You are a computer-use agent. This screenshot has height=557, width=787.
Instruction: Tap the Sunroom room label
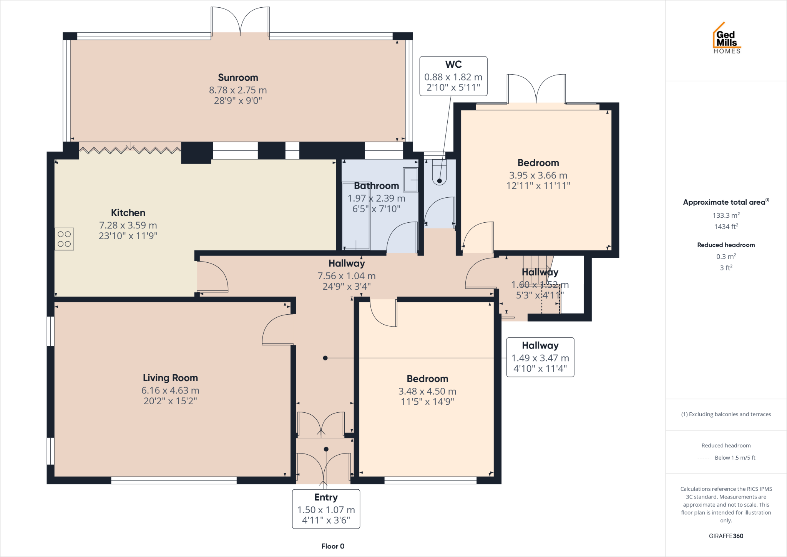click(238, 77)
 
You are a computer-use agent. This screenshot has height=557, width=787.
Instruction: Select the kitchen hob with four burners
click(64, 239)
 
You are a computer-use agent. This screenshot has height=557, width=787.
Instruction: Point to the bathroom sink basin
click(410, 179)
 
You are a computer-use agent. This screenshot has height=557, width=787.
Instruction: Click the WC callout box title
click(453, 64)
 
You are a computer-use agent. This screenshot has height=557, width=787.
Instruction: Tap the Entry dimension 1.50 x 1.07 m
click(326, 510)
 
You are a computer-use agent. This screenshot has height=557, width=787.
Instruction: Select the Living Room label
click(170, 378)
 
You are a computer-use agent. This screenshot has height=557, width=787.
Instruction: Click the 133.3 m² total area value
click(726, 215)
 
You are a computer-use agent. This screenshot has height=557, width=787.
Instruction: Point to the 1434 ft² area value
click(726, 227)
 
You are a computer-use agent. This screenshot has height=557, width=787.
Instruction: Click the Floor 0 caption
click(333, 546)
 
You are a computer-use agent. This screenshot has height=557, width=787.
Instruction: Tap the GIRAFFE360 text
click(726, 536)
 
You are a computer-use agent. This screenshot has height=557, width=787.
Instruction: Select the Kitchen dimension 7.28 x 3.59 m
click(128, 225)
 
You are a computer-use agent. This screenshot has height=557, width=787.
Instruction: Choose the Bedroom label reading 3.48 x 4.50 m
click(427, 391)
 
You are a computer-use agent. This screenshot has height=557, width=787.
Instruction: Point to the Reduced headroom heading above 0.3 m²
click(726, 245)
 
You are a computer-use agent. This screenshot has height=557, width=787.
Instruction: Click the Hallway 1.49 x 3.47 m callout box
click(540, 357)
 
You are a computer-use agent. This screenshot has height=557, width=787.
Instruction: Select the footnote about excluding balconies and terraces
click(726, 414)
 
